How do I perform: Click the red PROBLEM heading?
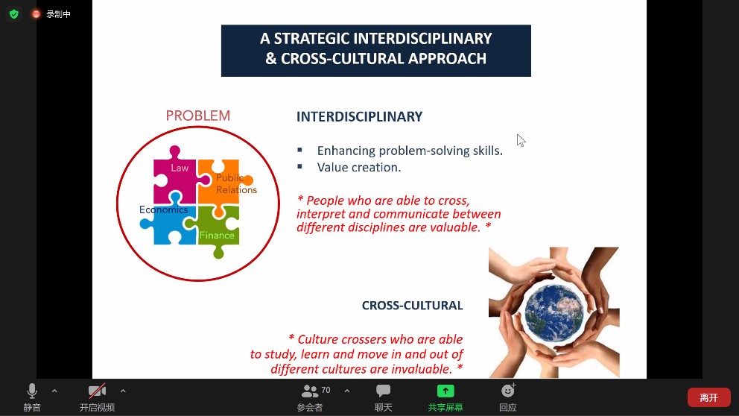tap(198, 116)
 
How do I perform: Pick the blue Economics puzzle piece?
tap(168, 221)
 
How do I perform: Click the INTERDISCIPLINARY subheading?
tap(359, 116)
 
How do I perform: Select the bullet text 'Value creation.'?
tap(358, 168)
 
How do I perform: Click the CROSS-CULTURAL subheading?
tap(412, 306)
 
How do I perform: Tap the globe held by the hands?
tap(554, 312)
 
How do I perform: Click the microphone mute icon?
tap(32, 391)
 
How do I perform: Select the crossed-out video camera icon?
tap(97, 391)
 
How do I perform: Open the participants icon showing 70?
tap(310, 391)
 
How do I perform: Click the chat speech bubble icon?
tap(383, 391)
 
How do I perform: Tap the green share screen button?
tap(445, 391)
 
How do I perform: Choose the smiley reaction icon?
tap(508, 391)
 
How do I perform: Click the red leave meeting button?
tap(709, 397)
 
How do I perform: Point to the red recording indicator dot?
tap(36, 14)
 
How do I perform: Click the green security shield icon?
tap(14, 14)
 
